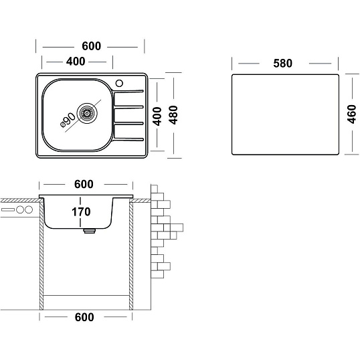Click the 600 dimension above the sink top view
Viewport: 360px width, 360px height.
(x=92, y=46)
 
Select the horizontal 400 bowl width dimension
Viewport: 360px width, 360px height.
(x=76, y=62)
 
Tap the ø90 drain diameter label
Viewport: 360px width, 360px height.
(x=68, y=120)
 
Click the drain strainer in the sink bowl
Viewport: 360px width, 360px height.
(x=87, y=113)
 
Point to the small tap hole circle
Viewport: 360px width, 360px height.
(x=119, y=84)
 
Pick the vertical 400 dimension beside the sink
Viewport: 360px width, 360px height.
(x=157, y=116)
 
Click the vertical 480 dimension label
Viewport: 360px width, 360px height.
(x=173, y=115)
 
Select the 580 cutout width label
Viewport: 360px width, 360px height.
(x=282, y=64)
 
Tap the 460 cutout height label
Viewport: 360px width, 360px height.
(x=351, y=114)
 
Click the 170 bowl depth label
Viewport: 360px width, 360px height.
(x=81, y=212)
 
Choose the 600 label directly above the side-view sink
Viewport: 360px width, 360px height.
(x=84, y=184)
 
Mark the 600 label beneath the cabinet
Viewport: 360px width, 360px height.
(x=84, y=317)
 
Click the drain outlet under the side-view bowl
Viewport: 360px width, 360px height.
(x=90, y=231)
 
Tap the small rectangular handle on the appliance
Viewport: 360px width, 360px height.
(x=8, y=209)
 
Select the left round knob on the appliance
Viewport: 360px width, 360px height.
(x=20, y=209)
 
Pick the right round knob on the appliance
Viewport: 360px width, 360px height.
(x=29, y=209)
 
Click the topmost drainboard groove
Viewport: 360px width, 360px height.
(x=128, y=92)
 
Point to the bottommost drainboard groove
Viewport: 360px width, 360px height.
(x=128, y=139)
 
